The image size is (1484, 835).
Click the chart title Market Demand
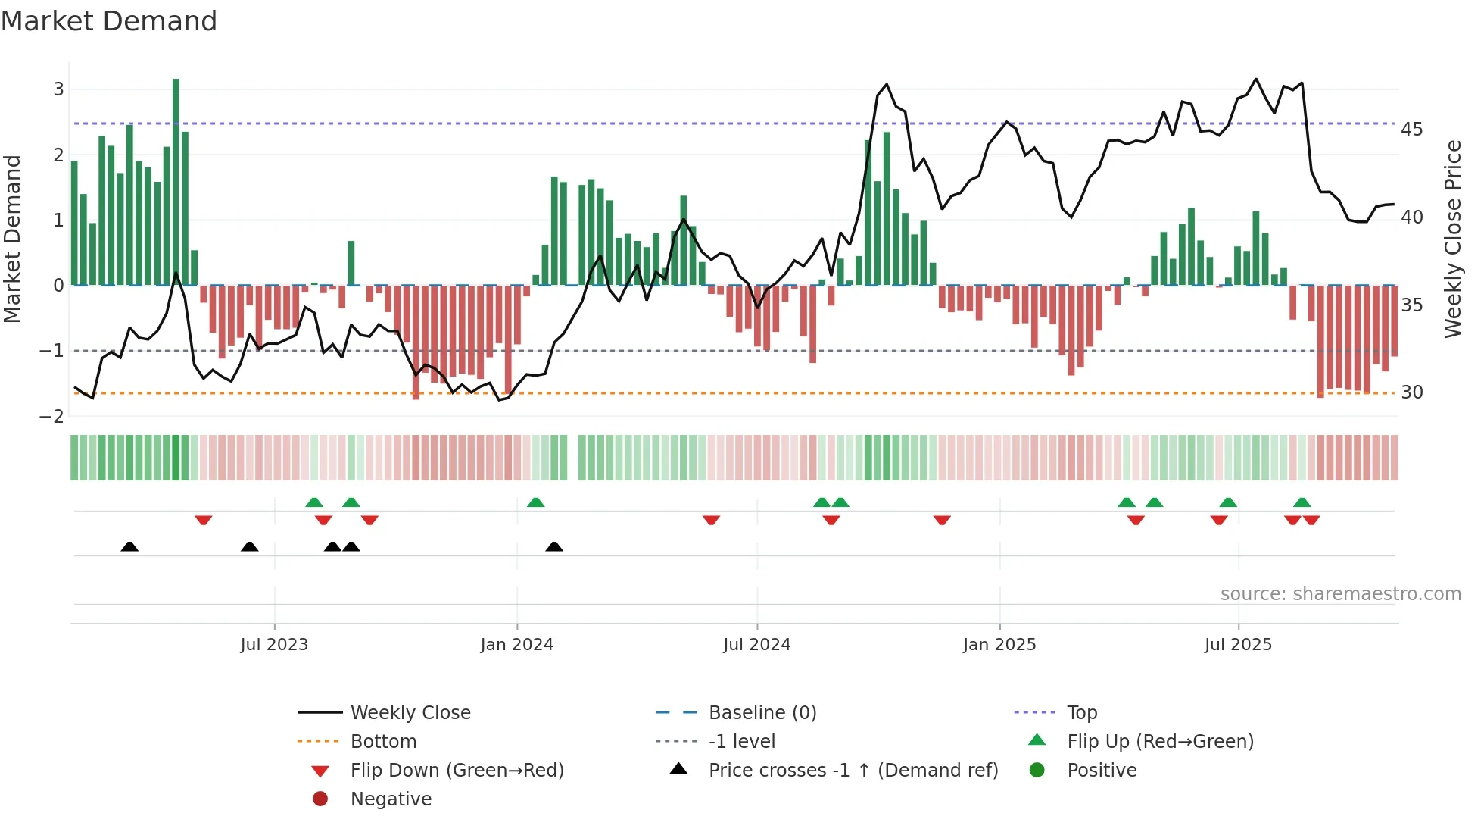coord(109,21)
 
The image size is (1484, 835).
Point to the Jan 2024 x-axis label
coord(516,645)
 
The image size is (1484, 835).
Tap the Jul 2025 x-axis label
coord(1238,645)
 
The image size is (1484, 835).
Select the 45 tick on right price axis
coord(1411,130)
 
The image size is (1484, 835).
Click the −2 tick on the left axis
coord(52,417)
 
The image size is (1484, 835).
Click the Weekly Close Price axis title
coord(1452,239)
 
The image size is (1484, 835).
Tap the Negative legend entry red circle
coord(320,799)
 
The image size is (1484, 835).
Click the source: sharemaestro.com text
coord(1340,594)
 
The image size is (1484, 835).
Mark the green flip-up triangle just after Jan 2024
coord(535,502)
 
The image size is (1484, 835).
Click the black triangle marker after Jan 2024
coord(554,546)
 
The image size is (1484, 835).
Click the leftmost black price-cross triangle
coord(129,546)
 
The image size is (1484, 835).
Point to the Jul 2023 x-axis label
coord(274,645)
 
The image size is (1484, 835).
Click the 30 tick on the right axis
coord(1411,392)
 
